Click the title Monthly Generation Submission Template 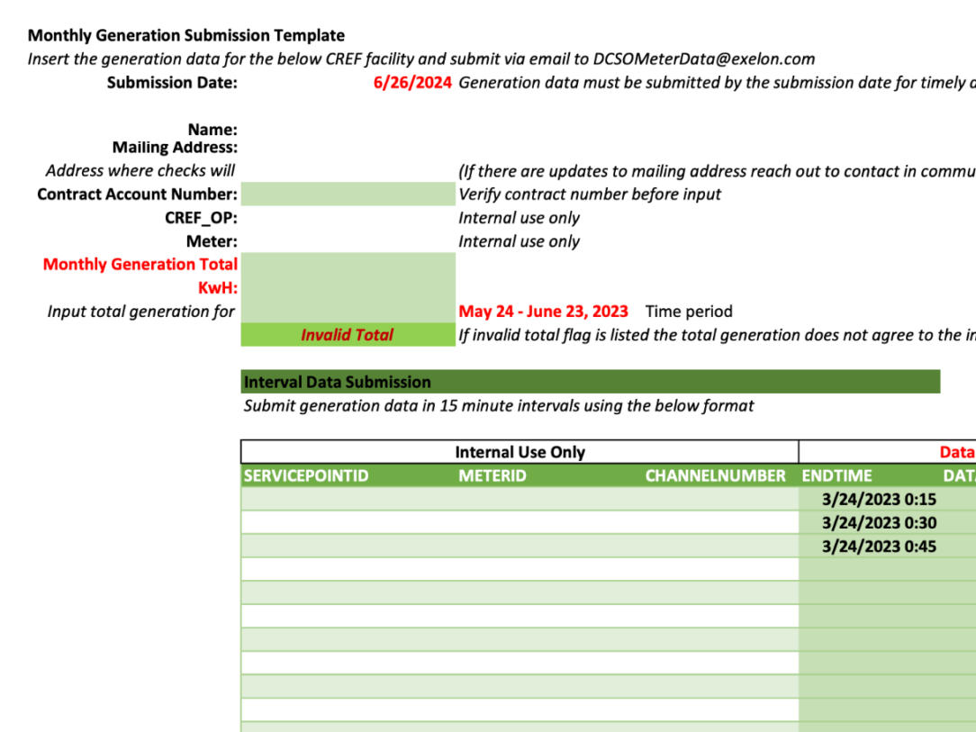tap(186, 36)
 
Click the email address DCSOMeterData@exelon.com tap(704, 59)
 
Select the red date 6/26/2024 tap(412, 83)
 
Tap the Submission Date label tap(172, 83)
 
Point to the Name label tap(212, 130)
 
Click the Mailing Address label tap(175, 147)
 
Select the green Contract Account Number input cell tap(348, 194)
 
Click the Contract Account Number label tap(138, 194)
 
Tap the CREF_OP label tap(201, 218)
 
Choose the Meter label tap(212, 241)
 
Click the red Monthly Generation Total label tap(140, 265)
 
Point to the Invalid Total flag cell tap(348, 335)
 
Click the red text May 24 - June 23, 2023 tap(543, 312)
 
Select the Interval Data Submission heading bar tap(590, 382)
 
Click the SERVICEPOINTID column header tap(306, 475)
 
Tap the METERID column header tap(493, 475)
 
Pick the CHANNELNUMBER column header tap(715, 475)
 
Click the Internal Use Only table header tap(520, 452)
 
